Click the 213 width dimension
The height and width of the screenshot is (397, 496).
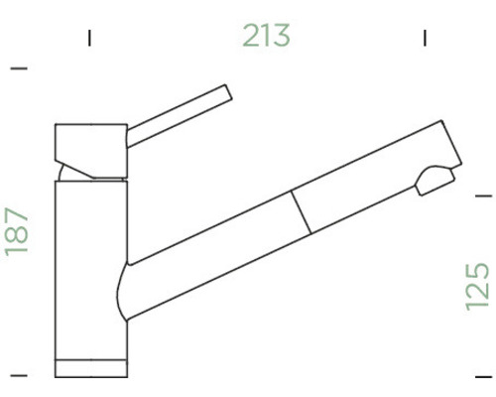[267, 36]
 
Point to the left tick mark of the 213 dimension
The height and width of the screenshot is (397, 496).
[89, 39]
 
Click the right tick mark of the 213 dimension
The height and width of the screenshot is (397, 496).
[424, 39]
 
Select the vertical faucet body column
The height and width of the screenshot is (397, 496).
[89, 268]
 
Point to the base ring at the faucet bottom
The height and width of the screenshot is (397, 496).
[90, 368]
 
